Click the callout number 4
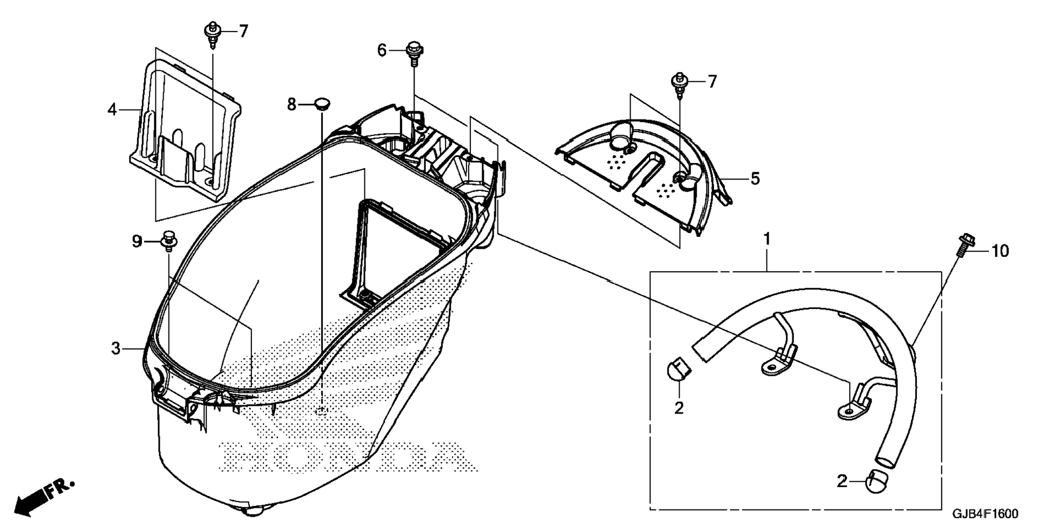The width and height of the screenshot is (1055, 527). coord(112,110)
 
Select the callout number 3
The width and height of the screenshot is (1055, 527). coord(116,348)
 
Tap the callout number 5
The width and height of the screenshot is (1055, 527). coord(755,178)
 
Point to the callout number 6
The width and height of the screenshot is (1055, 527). coord(382,50)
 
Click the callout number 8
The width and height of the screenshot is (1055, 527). coord(292,104)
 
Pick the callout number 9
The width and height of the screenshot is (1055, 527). coord(136,241)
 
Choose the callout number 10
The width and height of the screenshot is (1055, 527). coord(1000,251)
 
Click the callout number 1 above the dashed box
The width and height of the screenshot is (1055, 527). coord(767,239)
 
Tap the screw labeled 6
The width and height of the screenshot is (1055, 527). coord(414,52)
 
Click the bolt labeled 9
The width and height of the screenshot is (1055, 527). coord(169,241)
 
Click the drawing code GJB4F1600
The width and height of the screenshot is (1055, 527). coord(985,514)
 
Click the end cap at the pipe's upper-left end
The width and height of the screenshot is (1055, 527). coord(678,369)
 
